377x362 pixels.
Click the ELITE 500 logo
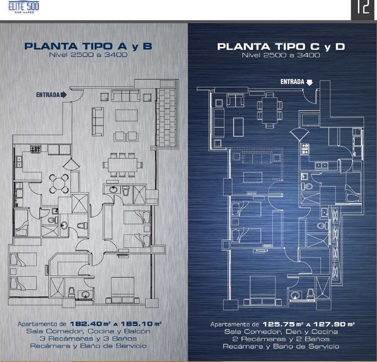coord(24,7)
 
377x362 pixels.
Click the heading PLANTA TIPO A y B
coord(88,46)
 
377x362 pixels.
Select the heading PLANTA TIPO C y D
coord(281,46)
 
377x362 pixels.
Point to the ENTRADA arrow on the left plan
coord(64,94)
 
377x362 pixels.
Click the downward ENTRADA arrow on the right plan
coord(310,83)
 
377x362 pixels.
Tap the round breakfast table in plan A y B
coord(59,183)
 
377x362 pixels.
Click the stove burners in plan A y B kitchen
coord(35,149)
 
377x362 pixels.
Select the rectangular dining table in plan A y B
coord(123,165)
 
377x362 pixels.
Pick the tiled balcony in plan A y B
coord(167,117)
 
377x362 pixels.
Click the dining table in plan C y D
coord(270,110)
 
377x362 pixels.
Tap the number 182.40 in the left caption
coord(86,324)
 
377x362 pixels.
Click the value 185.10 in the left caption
coord(136,324)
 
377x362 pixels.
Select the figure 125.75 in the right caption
coord(278,324)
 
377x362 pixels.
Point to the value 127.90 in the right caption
coord(329,324)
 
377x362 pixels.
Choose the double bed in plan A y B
coord(123,290)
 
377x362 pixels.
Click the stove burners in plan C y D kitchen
coord(305,148)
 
